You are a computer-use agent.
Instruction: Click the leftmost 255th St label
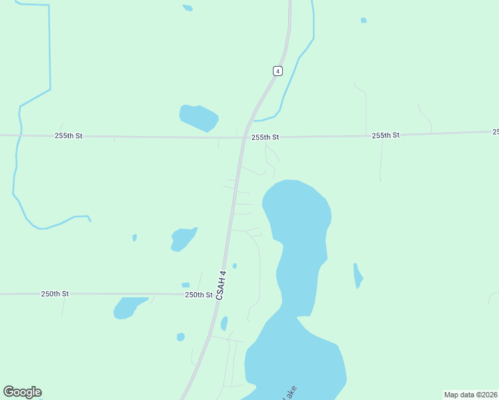coord(68,136)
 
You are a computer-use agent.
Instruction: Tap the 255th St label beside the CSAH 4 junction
coord(265,137)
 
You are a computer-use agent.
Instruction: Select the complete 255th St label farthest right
coord(386,135)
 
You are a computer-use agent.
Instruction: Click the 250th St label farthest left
coord(55,294)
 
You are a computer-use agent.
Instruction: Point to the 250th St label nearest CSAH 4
coord(198,295)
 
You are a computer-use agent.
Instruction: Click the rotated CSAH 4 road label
coord(221,285)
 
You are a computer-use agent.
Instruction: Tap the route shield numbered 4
coord(277,71)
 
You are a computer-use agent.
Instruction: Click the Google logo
coord(22,392)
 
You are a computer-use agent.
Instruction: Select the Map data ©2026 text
coord(470,395)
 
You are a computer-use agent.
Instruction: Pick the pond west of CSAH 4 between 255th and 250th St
coord(183,239)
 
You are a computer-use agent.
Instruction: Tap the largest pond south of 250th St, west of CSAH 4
coord(128,307)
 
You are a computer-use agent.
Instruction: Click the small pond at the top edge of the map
coord(188,8)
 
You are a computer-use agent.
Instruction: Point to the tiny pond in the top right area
coord(364,21)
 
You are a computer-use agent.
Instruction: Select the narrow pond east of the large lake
coord(358,275)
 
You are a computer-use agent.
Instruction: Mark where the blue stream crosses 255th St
coord(20,135)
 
